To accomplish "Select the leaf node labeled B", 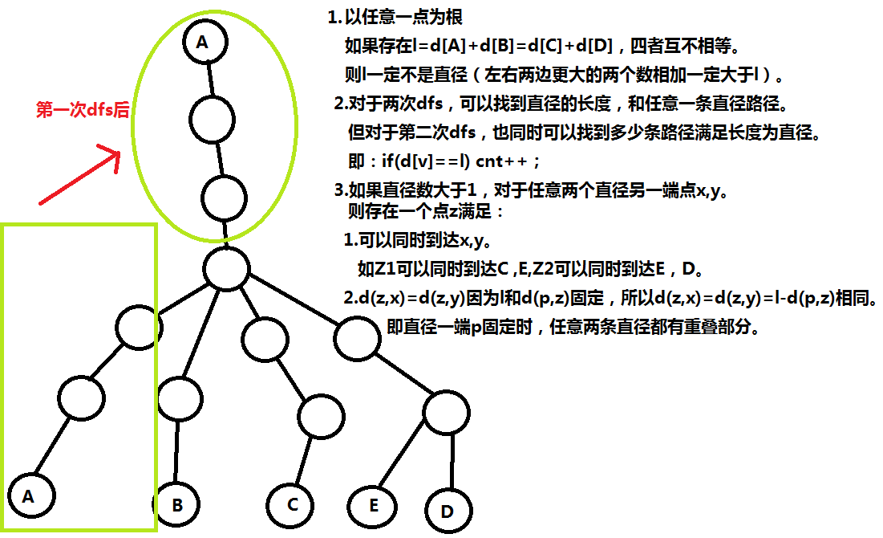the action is click(x=176, y=504).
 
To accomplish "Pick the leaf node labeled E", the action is click(x=374, y=504).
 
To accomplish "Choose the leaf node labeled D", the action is click(x=447, y=510).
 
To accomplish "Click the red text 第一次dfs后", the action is click(x=83, y=111).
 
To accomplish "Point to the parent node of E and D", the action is click(x=445, y=414).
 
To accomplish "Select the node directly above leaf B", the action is click(x=180, y=397).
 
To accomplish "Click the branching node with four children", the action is click(x=227, y=269).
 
